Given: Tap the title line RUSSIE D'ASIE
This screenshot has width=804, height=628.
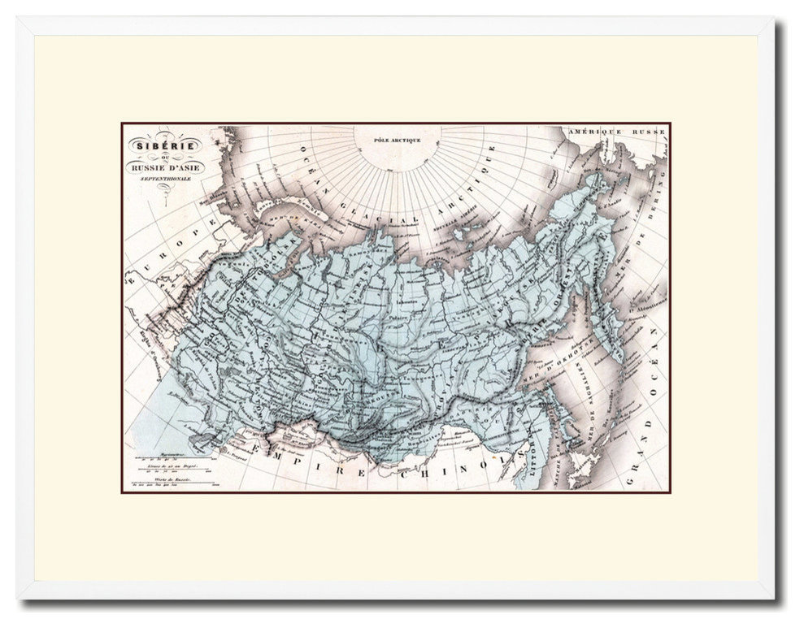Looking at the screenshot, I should click(162, 167).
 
